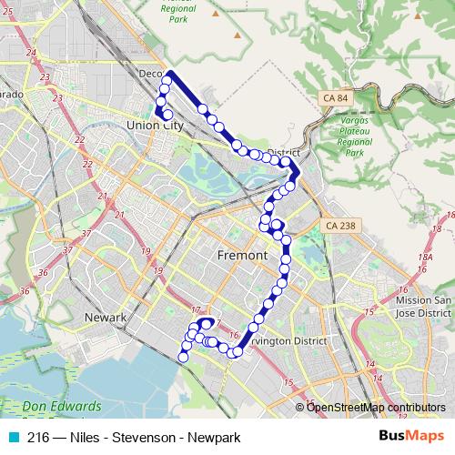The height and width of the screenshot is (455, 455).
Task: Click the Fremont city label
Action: pos(243,257)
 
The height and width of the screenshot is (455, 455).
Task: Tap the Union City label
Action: pos(155,125)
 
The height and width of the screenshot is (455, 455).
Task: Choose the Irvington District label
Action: pos(293,341)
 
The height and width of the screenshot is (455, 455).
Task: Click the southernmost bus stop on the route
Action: pos(184,358)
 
